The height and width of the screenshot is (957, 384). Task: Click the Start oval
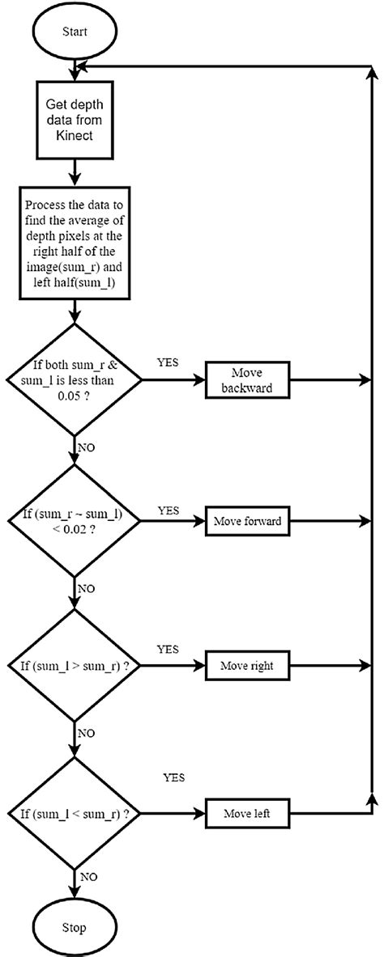click(x=75, y=32)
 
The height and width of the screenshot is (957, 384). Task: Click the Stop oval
click(x=75, y=926)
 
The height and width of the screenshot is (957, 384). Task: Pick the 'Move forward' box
click(x=247, y=521)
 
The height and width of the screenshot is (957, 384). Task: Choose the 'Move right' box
click(x=247, y=667)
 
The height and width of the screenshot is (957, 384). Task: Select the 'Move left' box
click(x=247, y=813)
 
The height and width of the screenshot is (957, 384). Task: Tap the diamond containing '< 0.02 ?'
click(x=75, y=521)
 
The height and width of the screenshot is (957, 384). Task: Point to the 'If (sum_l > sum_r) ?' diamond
click(x=75, y=667)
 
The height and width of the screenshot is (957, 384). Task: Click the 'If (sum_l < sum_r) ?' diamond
click(x=75, y=813)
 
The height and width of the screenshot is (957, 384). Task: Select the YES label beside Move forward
click(x=169, y=510)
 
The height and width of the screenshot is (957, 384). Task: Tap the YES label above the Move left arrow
click(x=173, y=777)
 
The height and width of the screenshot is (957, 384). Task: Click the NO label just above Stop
click(x=89, y=876)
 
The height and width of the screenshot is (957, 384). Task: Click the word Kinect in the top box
click(x=75, y=134)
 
